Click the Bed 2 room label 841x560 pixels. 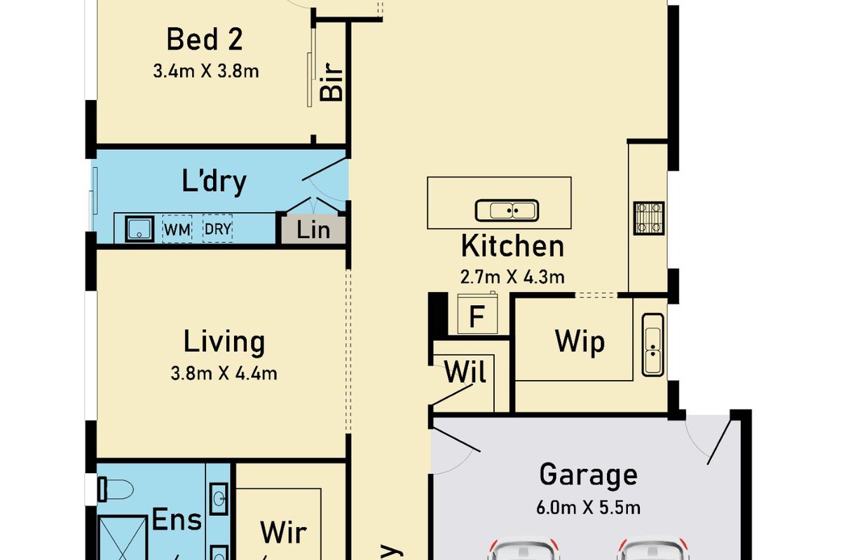204,39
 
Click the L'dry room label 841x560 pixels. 214,181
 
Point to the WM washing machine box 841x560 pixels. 177,229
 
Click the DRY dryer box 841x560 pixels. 217,229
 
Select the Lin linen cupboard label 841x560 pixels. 313,230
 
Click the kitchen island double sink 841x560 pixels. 507,210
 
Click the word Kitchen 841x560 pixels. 512,246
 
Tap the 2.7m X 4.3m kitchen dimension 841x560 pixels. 512,276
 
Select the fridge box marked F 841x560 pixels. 477,316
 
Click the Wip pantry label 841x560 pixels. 580,342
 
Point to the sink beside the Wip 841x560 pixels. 652,344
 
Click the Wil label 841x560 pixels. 465,372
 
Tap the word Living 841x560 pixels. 224,342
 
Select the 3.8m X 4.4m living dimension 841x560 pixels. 224,373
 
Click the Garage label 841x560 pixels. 588,475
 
